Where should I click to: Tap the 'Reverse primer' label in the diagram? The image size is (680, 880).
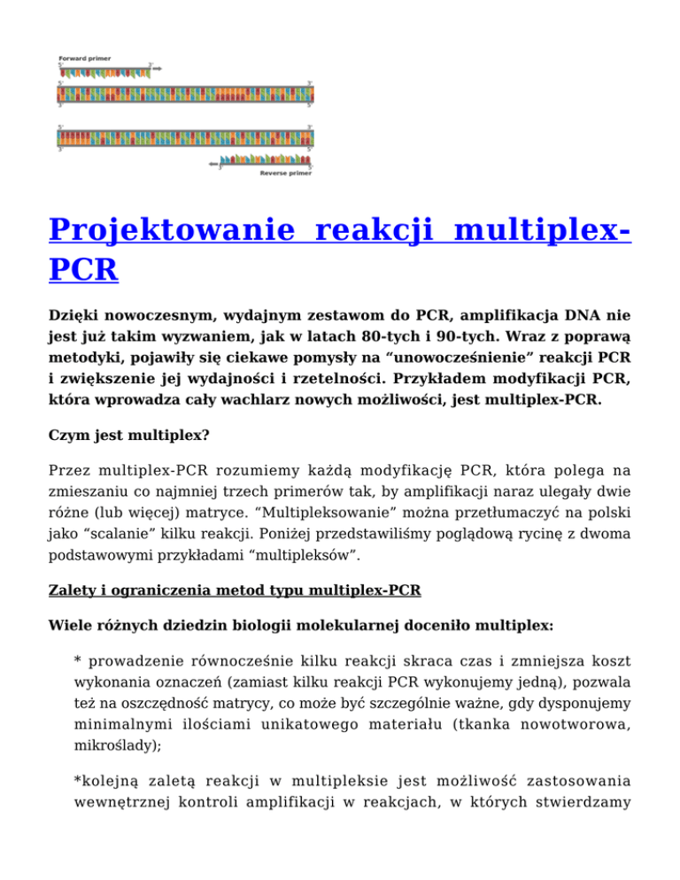pyautogui.click(x=285, y=174)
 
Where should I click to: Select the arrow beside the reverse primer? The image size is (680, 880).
pyautogui.click(x=212, y=164)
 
